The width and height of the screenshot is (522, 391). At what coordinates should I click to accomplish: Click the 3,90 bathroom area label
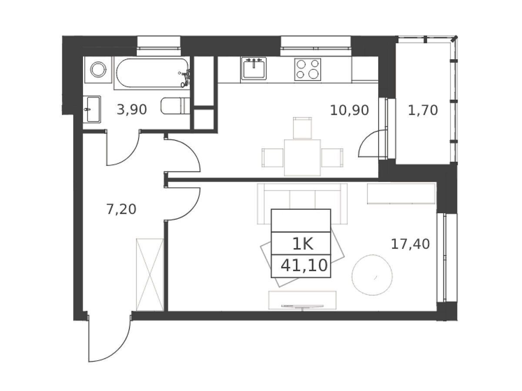tap(131, 110)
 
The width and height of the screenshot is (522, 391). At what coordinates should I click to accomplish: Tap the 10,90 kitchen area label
tap(349, 110)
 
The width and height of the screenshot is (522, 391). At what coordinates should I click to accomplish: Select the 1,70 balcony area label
tap(422, 110)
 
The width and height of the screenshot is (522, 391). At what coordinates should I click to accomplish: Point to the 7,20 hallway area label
tap(121, 209)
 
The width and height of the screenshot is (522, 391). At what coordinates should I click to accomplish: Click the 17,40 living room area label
tap(410, 244)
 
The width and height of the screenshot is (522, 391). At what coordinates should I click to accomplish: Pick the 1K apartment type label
tap(302, 244)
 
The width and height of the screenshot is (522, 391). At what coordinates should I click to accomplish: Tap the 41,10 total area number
tap(304, 265)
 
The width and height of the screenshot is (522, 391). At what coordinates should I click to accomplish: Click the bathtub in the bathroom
tap(152, 73)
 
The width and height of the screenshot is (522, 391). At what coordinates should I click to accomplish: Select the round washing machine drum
tap(98, 70)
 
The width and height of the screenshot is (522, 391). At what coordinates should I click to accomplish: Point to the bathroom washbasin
tap(92, 109)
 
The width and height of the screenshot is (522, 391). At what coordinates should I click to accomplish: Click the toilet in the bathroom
tap(175, 106)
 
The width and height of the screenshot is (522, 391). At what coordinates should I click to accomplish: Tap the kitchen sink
tap(254, 69)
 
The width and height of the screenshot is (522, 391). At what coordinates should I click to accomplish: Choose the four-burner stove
tap(308, 70)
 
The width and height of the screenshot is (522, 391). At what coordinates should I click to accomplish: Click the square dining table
tap(302, 158)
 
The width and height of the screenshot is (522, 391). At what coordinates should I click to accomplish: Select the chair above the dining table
tap(302, 128)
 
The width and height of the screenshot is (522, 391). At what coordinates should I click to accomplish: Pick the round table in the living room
tap(372, 275)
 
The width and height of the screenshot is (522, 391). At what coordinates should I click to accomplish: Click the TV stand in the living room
tap(302, 300)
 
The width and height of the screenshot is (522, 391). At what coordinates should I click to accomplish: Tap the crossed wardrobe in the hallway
tap(150, 275)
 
